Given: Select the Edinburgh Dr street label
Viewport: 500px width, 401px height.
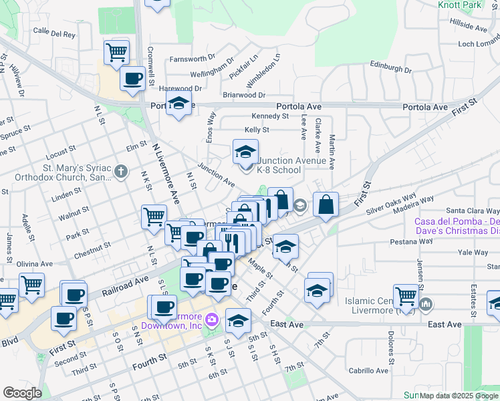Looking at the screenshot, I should [x=390, y=68].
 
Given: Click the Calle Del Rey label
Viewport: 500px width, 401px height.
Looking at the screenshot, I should [x=49, y=31].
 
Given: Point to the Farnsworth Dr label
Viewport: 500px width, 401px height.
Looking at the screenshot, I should [x=193, y=57].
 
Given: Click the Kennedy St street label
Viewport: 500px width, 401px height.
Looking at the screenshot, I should [x=270, y=116].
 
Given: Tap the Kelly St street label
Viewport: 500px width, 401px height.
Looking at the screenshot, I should [x=257, y=130].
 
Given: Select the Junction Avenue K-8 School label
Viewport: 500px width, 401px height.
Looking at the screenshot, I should [x=291, y=165].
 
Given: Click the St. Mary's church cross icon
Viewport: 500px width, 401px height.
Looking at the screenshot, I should [x=121, y=172].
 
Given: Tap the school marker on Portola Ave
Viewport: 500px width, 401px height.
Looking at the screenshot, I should [x=178, y=104].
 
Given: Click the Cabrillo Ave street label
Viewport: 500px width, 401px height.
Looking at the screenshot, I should [x=368, y=370].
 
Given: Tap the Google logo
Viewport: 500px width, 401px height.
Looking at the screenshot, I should [x=22, y=393].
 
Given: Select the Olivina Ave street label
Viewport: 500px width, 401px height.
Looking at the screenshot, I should [x=35, y=265].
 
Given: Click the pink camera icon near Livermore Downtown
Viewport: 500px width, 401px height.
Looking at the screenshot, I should [x=212, y=319].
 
